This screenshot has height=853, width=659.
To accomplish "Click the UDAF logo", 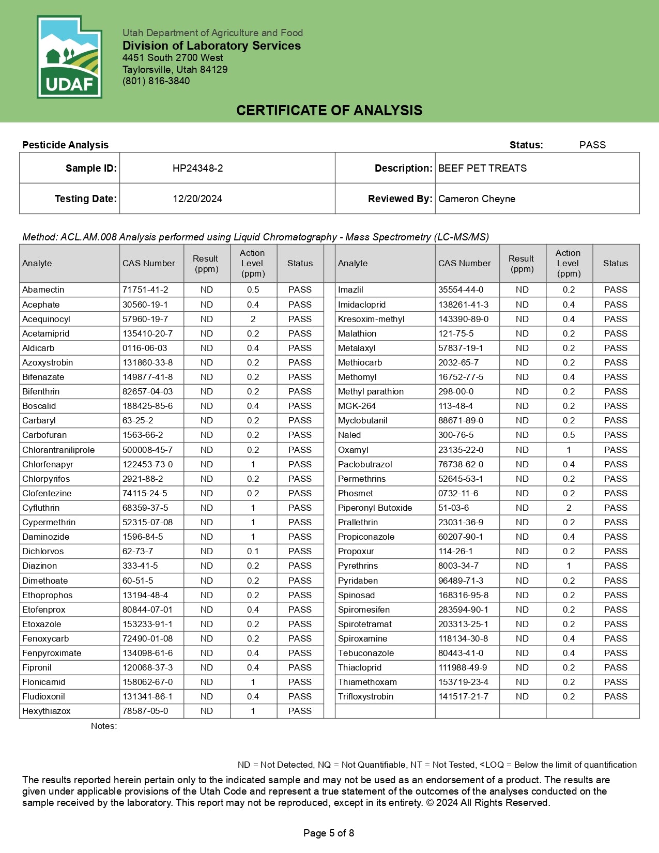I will point(69,57).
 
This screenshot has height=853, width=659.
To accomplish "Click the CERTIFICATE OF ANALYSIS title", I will point(329,110).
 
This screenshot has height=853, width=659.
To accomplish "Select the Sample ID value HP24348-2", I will point(197,168).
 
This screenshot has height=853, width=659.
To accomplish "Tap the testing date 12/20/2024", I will point(197,199).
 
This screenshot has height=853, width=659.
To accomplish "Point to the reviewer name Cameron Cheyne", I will point(477,199).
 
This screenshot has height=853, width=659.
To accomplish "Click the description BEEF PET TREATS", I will point(482,168).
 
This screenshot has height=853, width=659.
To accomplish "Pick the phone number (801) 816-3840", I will point(156,81).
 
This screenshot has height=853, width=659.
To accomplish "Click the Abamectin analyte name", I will point(43,290).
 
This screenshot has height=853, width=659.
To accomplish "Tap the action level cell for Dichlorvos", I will point(253,551).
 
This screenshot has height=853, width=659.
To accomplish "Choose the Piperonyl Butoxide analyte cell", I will point(375,508).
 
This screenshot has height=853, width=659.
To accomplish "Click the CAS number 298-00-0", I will point(456,391).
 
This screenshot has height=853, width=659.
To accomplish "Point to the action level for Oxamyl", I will point(569,450).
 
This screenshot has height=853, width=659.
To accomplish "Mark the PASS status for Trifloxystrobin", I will point(616,696).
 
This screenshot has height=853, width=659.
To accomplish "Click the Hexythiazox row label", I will point(47,711).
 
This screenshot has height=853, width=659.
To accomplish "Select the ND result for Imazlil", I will point(522,290).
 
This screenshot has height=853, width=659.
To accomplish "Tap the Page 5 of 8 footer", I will point(329,833).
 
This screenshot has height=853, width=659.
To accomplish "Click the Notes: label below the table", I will point(104,726).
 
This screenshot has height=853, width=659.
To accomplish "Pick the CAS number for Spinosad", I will point(463,595).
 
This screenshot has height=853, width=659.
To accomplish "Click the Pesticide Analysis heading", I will point(66,145).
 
